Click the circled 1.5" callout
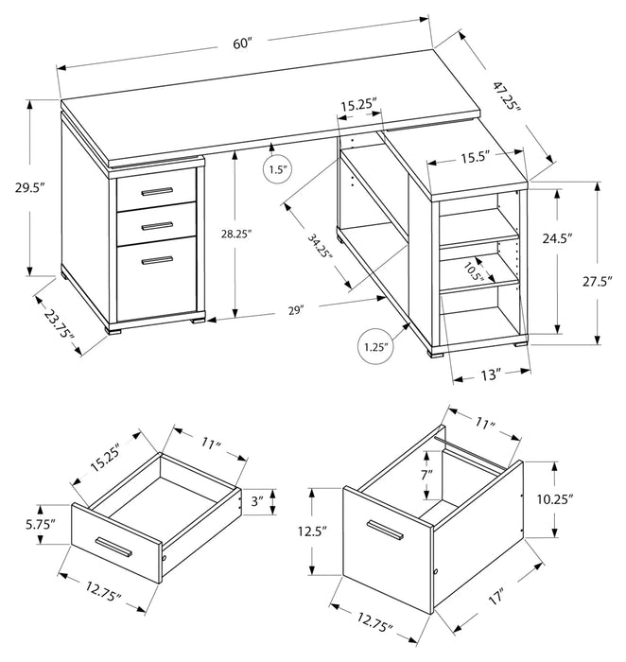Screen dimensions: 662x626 point(277,171)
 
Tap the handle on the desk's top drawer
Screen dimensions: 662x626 point(157,192)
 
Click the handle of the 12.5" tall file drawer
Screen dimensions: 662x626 point(386,526)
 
